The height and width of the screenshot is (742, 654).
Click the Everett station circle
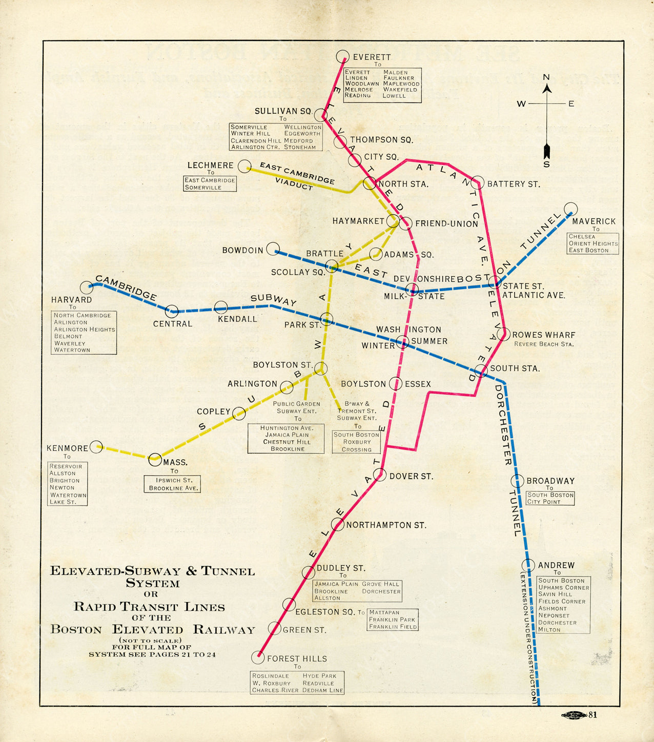(x=342, y=56)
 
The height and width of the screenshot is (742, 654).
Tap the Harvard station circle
(x=87, y=287)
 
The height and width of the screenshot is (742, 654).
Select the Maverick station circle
(x=570, y=209)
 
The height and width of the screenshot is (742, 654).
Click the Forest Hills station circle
(x=258, y=657)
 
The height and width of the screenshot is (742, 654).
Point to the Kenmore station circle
(x=96, y=447)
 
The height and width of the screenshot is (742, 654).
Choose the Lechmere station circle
(x=244, y=166)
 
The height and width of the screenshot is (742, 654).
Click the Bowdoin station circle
(x=273, y=249)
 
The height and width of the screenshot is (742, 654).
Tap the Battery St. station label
(x=513, y=184)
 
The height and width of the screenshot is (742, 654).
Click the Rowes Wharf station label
(x=543, y=335)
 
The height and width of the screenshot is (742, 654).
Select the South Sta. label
(x=515, y=368)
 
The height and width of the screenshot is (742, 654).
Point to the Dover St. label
(x=411, y=477)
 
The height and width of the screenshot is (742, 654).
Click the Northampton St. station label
(x=386, y=525)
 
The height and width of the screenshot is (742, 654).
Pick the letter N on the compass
(x=546, y=77)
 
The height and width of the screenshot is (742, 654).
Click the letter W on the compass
(x=521, y=104)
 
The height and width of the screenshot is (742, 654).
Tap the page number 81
(x=592, y=715)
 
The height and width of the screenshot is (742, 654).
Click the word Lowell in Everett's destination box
(x=394, y=96)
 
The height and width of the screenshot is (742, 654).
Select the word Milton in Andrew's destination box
(x=549, y=630)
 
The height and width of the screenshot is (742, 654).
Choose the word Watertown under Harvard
(x=72, y=350)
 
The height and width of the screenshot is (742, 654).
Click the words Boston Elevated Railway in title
(x=152, y=630)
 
